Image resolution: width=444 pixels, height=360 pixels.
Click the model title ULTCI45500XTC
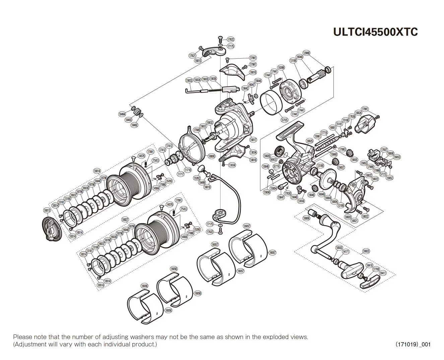click(x=375, y=32)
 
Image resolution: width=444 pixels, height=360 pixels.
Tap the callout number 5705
click(x=284, y=120)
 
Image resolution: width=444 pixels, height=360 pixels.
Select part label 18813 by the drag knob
click(x=47, y=210)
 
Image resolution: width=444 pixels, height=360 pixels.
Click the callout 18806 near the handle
click(x=306, y=218)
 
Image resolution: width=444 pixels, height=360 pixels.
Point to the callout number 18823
click(x=366, y=251)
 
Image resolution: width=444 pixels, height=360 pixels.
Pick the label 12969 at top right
click(x=306, y=53)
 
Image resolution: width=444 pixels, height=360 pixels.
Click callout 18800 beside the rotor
click(x=211, y=156)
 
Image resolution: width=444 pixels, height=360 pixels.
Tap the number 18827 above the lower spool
click(x=125, y=220)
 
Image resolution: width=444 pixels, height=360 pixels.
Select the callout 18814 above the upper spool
click(x=97, y=171)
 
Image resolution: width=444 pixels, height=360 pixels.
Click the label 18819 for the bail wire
click(x=207, y=187)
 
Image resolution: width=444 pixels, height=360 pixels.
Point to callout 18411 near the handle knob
click(x=382, y=273)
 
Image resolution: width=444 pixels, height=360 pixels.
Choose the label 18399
click(x=281, y=68)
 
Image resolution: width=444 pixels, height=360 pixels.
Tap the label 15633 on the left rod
click(x=189, y=80)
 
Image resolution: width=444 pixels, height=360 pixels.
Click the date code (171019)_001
click(x=413, y=344)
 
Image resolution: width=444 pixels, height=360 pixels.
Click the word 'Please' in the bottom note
click(x=22, y=337)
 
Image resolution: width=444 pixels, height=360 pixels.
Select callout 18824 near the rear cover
click(x=358, y=113)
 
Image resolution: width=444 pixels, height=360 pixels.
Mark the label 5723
click(x=383, y=175)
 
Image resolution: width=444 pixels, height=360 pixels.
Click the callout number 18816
click(x=253, y=72)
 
